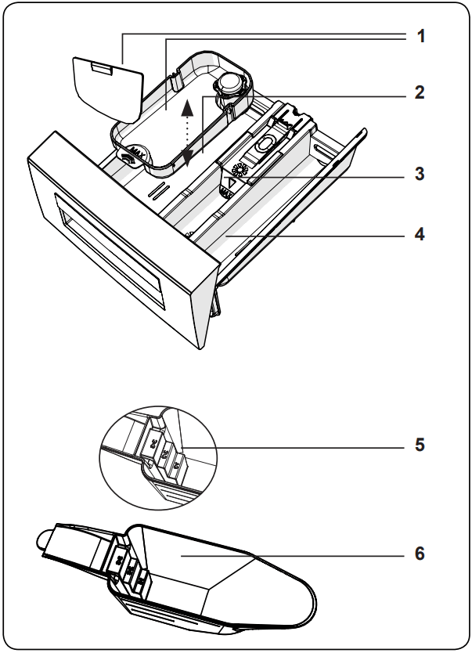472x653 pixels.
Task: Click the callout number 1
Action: coord(420,36)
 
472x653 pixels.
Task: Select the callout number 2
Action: coord(420,92)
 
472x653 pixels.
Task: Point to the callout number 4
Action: coord(420,234)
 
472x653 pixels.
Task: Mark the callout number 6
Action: coord(420,554)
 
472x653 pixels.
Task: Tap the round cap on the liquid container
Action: coord(232,81)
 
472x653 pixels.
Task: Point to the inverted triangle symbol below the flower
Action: coord(232,186)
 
